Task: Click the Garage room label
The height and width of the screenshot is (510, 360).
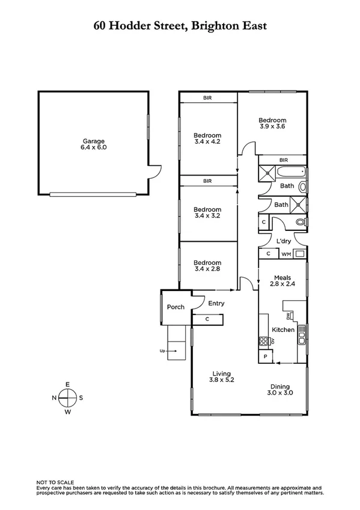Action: (93, 141)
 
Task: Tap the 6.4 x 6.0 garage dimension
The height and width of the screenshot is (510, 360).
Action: (93, 147)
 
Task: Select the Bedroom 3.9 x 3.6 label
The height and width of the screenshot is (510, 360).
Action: (272, 123)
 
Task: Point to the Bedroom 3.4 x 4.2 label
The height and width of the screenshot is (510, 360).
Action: (208, 138)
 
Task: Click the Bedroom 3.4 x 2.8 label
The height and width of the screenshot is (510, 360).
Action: (208, 266)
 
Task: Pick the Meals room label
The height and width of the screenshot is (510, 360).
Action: (282, 277)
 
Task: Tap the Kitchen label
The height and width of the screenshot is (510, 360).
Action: (283, 330)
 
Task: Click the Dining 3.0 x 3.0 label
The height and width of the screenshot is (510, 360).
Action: (280, 390)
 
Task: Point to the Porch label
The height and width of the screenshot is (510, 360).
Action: (175, 307)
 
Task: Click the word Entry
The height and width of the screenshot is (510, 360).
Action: (216, 304)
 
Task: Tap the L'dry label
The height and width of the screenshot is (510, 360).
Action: (284, 241)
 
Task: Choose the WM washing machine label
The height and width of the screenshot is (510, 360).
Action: (285, 254)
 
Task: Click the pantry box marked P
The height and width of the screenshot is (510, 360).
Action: (266, 357)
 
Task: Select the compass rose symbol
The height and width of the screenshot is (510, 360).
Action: (68, 398)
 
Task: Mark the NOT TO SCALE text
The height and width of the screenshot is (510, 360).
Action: (55, 482)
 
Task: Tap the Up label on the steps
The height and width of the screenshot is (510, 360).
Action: (162, 350)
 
